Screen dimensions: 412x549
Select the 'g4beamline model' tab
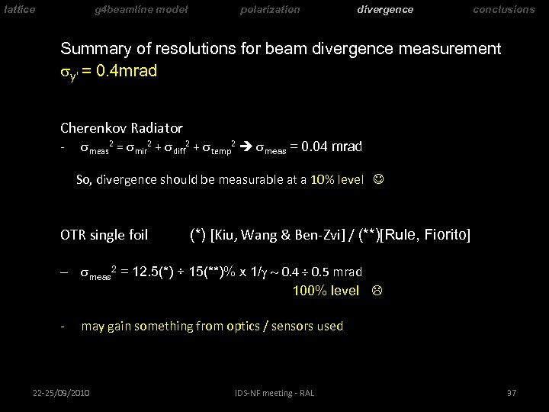(141, 10)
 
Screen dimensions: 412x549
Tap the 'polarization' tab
(270, 10)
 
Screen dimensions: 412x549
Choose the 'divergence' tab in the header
(385, 10)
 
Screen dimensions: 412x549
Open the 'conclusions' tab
(504, 10)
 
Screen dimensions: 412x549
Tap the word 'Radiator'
(158, 128)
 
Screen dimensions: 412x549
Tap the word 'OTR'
(73, 235)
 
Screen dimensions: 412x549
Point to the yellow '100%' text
(307, 290)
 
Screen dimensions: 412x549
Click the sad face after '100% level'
(374, 290)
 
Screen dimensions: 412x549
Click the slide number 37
(512, 393)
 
